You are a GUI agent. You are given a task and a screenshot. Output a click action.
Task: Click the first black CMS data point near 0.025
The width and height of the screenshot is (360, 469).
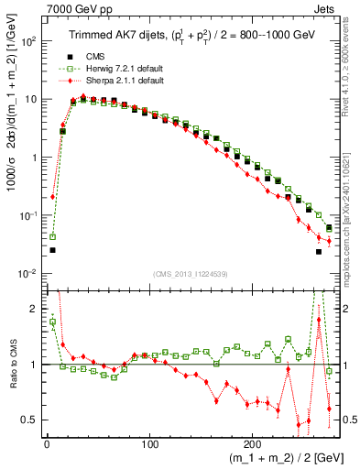[x=52, y=250]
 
